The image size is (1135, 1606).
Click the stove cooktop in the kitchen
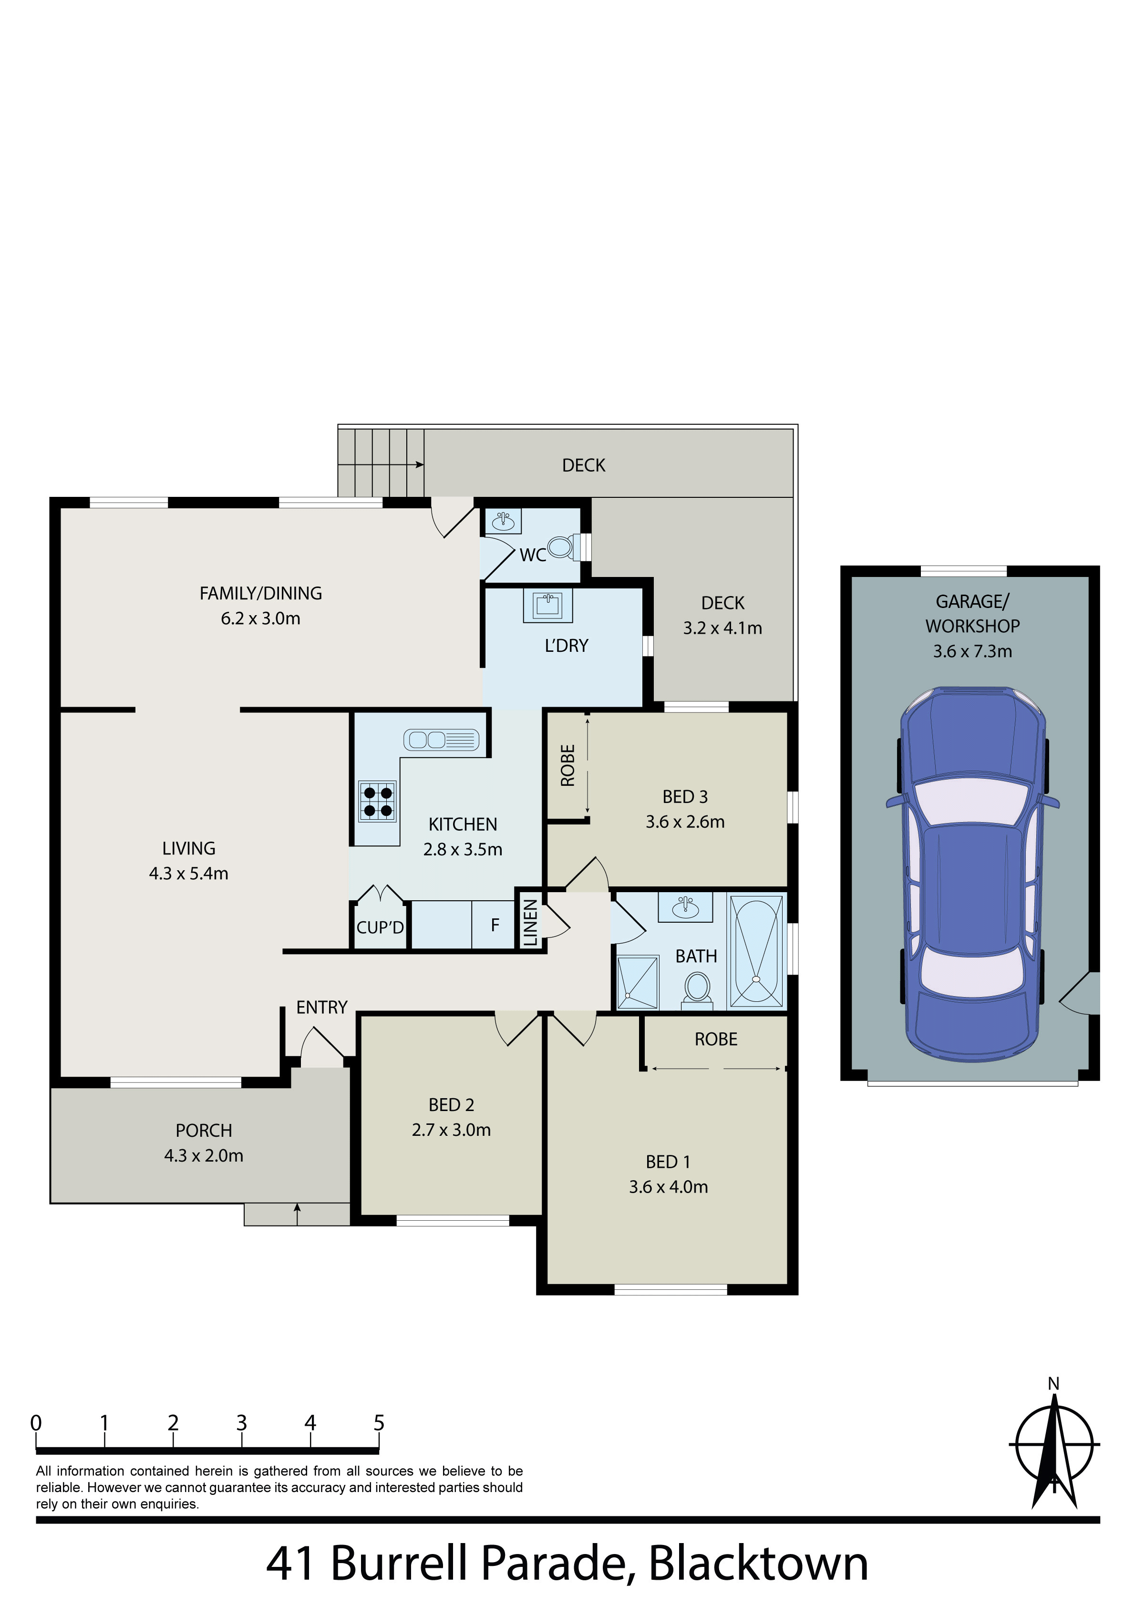(377, 802)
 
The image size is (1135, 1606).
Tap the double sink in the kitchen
(441, 740)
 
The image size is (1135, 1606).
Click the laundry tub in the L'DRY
(548, 605)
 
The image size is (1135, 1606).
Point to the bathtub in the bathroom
(756, 952)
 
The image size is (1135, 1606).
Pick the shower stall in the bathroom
(638, 983)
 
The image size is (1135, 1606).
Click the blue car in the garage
(973, 875)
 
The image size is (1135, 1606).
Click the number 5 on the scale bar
(379, 1423)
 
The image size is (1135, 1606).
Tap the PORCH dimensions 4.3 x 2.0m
(204, 1155)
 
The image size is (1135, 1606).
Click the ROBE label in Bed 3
(567, 765)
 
